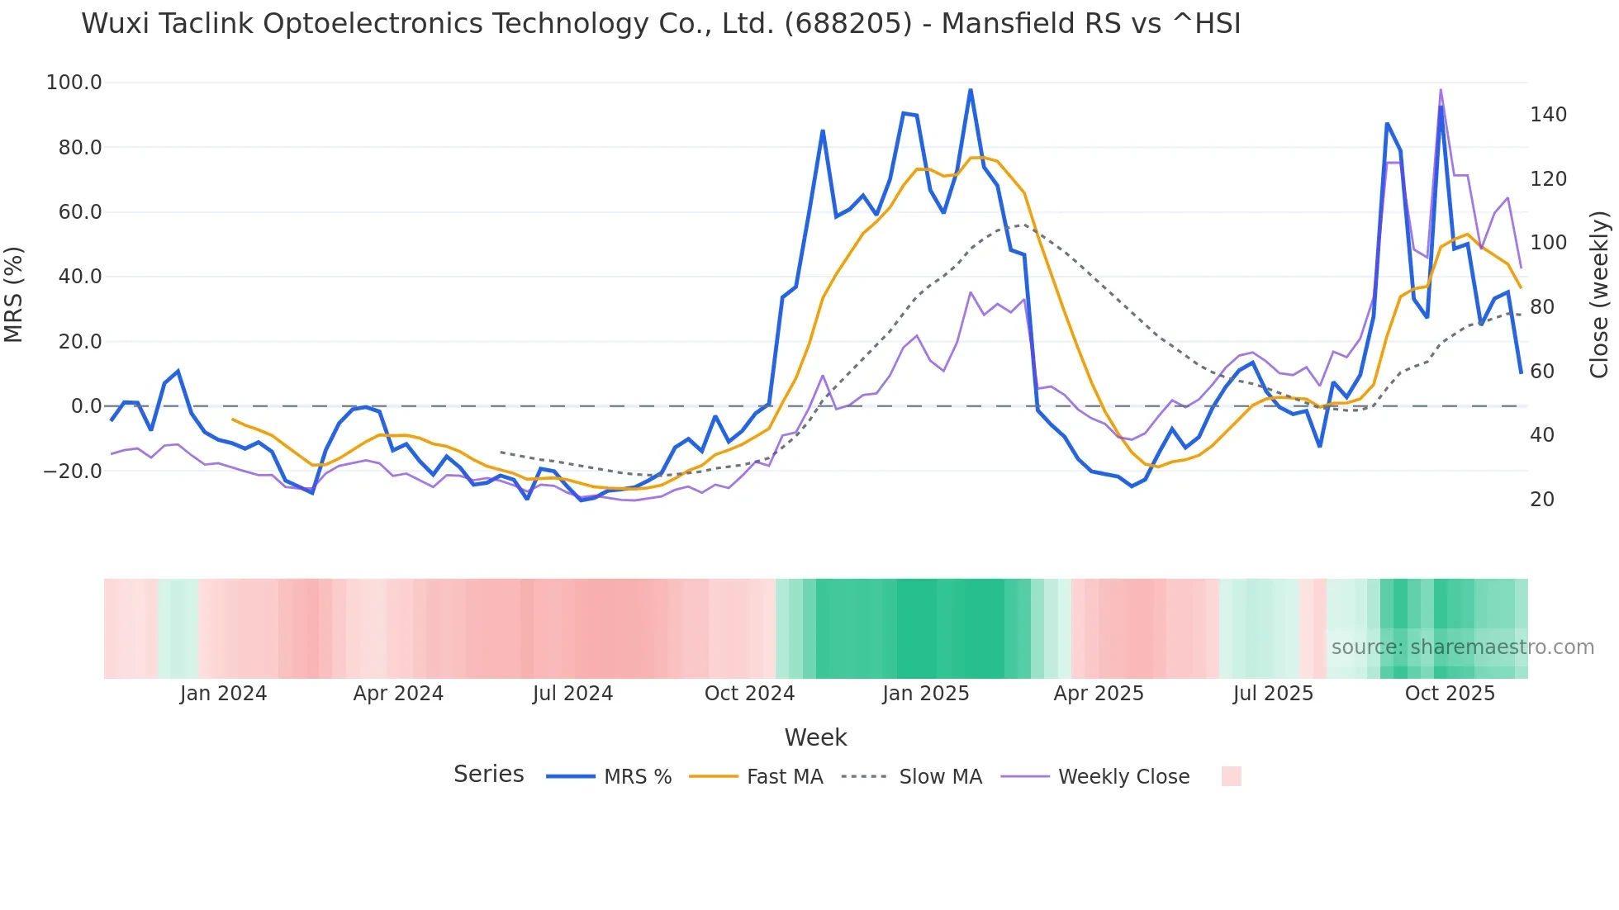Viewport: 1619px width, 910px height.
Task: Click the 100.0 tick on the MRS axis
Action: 74,83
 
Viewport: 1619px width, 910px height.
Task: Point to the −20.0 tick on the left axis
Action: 72,472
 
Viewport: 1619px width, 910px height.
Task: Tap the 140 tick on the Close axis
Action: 1548,115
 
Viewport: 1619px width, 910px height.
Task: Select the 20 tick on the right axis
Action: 1541,500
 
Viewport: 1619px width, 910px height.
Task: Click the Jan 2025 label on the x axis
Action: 925,694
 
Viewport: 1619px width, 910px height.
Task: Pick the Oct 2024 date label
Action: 749,694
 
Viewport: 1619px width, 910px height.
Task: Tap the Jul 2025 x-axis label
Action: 1273,694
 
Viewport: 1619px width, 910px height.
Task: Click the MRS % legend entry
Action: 637,777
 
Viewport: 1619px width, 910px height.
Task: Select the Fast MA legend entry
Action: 784,777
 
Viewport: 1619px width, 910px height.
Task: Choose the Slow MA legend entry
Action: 940,777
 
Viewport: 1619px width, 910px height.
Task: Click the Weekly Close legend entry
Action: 1123,777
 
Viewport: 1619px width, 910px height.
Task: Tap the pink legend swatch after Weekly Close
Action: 1231,776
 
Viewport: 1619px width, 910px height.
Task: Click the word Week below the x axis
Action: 815,737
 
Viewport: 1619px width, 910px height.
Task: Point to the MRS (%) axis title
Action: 14,294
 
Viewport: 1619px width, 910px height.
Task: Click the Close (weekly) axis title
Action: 1599,294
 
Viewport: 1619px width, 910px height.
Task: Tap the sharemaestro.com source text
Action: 1462,647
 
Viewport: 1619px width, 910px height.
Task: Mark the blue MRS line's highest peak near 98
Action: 971,90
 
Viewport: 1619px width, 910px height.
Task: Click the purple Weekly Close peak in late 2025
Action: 1441,90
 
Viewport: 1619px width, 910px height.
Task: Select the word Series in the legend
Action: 488,775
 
